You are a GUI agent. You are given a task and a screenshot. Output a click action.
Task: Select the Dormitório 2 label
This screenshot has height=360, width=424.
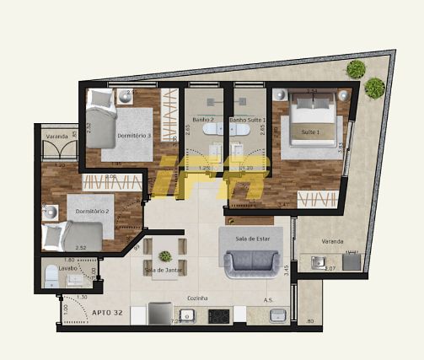[x=94, y=210]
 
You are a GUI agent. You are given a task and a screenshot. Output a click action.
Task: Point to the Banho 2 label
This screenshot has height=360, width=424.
[x=203, y=121]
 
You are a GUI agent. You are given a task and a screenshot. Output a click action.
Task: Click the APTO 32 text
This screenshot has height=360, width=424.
[x=105, y=311]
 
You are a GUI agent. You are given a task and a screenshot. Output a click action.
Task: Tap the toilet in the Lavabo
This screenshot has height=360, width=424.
[x=53, y=274]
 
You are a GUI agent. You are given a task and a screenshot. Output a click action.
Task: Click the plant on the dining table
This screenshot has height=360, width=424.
[x=165, y=255]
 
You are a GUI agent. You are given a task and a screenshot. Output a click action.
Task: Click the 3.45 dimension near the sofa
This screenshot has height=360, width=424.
[x=287, y=270]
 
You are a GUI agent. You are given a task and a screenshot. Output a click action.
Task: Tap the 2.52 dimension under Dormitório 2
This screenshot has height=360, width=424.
[x=81, y=247]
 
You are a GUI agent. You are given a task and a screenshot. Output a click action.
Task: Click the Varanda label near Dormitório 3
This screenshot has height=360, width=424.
[x=56, y=136]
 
